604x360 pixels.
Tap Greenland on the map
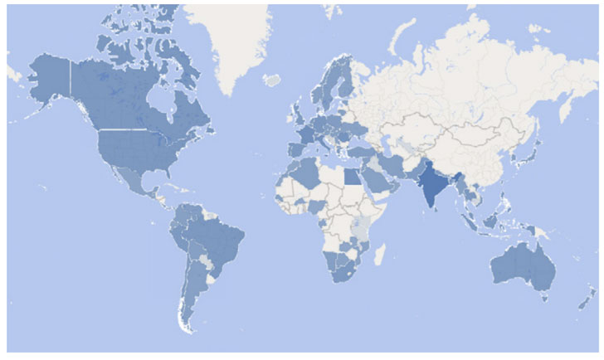point(228,41)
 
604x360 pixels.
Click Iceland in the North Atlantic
point(272,80)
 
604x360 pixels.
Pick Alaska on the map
point(50,79)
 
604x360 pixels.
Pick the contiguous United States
point(137,149)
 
